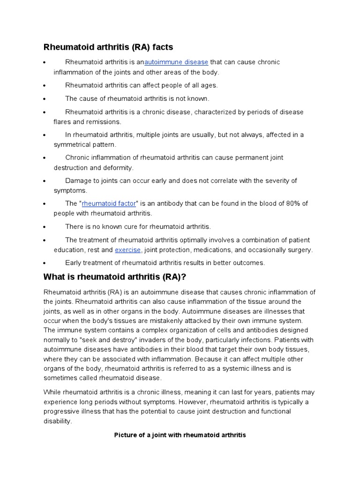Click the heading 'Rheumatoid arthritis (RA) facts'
[108, 47]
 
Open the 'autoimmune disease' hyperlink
[176, 62]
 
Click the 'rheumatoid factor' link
[109, 203]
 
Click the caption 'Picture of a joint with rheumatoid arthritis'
[180, 435]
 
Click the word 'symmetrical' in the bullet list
[72, 144]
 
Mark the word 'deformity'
[119, 167]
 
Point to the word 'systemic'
[232, 368]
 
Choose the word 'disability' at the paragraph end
[57, 421]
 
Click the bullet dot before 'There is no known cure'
[44, 227]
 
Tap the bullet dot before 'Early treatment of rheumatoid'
[44, 263]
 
